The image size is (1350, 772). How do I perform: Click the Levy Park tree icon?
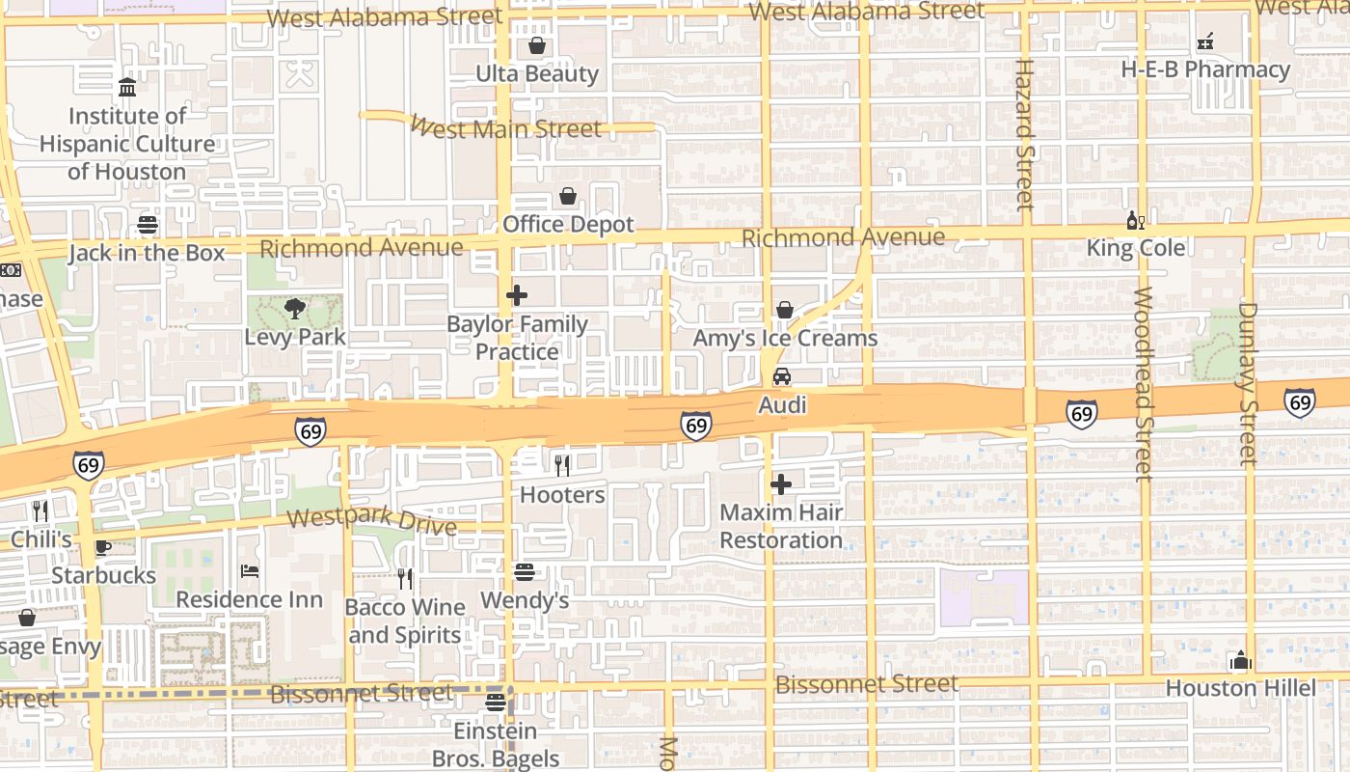coord(295,309)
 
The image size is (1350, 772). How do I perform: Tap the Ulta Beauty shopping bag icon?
coord(537,45)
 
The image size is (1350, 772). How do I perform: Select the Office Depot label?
coord(568,225)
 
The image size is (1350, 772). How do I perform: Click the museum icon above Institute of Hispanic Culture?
coord(127,88)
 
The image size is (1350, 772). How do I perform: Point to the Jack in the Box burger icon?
coord(147,225)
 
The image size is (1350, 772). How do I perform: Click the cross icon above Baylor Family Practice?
coord(517,295)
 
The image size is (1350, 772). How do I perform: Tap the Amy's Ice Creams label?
coord(785,339)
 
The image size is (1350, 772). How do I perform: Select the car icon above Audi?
coord(782,375)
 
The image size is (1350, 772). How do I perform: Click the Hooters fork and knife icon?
coord(562,466)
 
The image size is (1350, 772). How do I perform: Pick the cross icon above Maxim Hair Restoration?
coord(781,483)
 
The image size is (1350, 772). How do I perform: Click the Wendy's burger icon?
coord(525,572)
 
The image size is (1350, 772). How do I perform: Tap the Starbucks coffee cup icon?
coord(103,547)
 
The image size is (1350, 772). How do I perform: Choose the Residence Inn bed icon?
coord(250,571)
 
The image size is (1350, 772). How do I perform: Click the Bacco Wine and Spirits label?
coord(405,620)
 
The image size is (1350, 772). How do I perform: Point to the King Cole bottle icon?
coord(1135,221)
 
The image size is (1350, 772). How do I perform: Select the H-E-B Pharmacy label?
coord(1205,69)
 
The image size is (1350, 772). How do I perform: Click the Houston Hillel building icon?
coord(1240,661)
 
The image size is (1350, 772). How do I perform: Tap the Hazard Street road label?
coord(1024,135)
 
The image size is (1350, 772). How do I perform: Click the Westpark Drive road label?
coord(371,521)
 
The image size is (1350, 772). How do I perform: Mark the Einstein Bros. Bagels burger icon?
coord(496,703)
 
